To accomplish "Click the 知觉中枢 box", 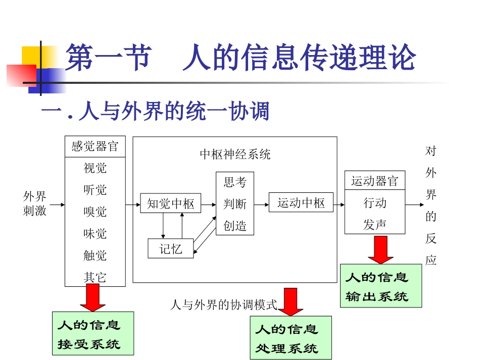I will coord(170,203).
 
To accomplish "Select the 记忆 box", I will coord(170,248).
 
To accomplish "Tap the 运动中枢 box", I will coord(301,203).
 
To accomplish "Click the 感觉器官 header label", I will coord(95,146).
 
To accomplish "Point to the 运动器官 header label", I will coord(374,181).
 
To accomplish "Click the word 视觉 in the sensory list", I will coord(95,168).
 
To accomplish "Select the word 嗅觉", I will coord(95,212).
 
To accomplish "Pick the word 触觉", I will coord(95,255).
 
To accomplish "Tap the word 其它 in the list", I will coord(95,277).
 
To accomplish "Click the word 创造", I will coord(235,226).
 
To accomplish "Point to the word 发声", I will coord(374,225).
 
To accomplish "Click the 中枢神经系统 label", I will coord(235,154).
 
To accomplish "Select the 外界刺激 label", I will coord(35,203).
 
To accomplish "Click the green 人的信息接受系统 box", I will coord(93,333).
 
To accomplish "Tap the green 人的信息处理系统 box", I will coord(291,338).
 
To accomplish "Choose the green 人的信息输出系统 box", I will coord(380,286).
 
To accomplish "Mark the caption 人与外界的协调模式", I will coord(224,304).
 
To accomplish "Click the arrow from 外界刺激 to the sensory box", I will coord(57,204).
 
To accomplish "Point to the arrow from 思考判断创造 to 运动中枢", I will coord(261,204).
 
